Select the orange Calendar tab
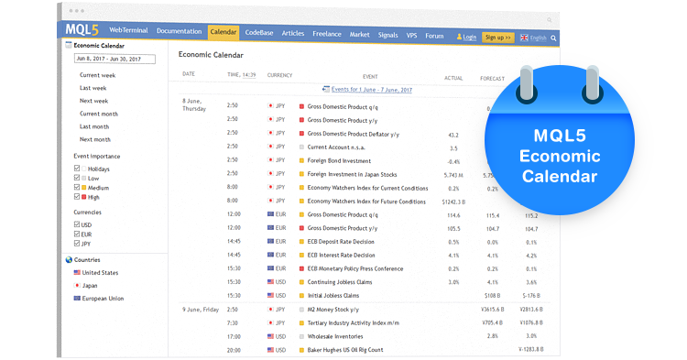coord(223,32)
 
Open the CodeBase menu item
coord(257,33)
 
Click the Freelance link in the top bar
coord(326,34)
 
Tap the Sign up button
coord(497,38)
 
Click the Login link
coord(466,38)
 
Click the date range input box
coord(114,60)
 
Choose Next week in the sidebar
coord(93,101)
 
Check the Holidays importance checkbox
coord(77,169)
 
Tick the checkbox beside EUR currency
coord(77,235)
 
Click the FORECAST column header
coord(493,78)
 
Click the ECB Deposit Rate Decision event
coord(341,241)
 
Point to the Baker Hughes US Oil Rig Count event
coord(344,350)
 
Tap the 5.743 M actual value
coord(453,174)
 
